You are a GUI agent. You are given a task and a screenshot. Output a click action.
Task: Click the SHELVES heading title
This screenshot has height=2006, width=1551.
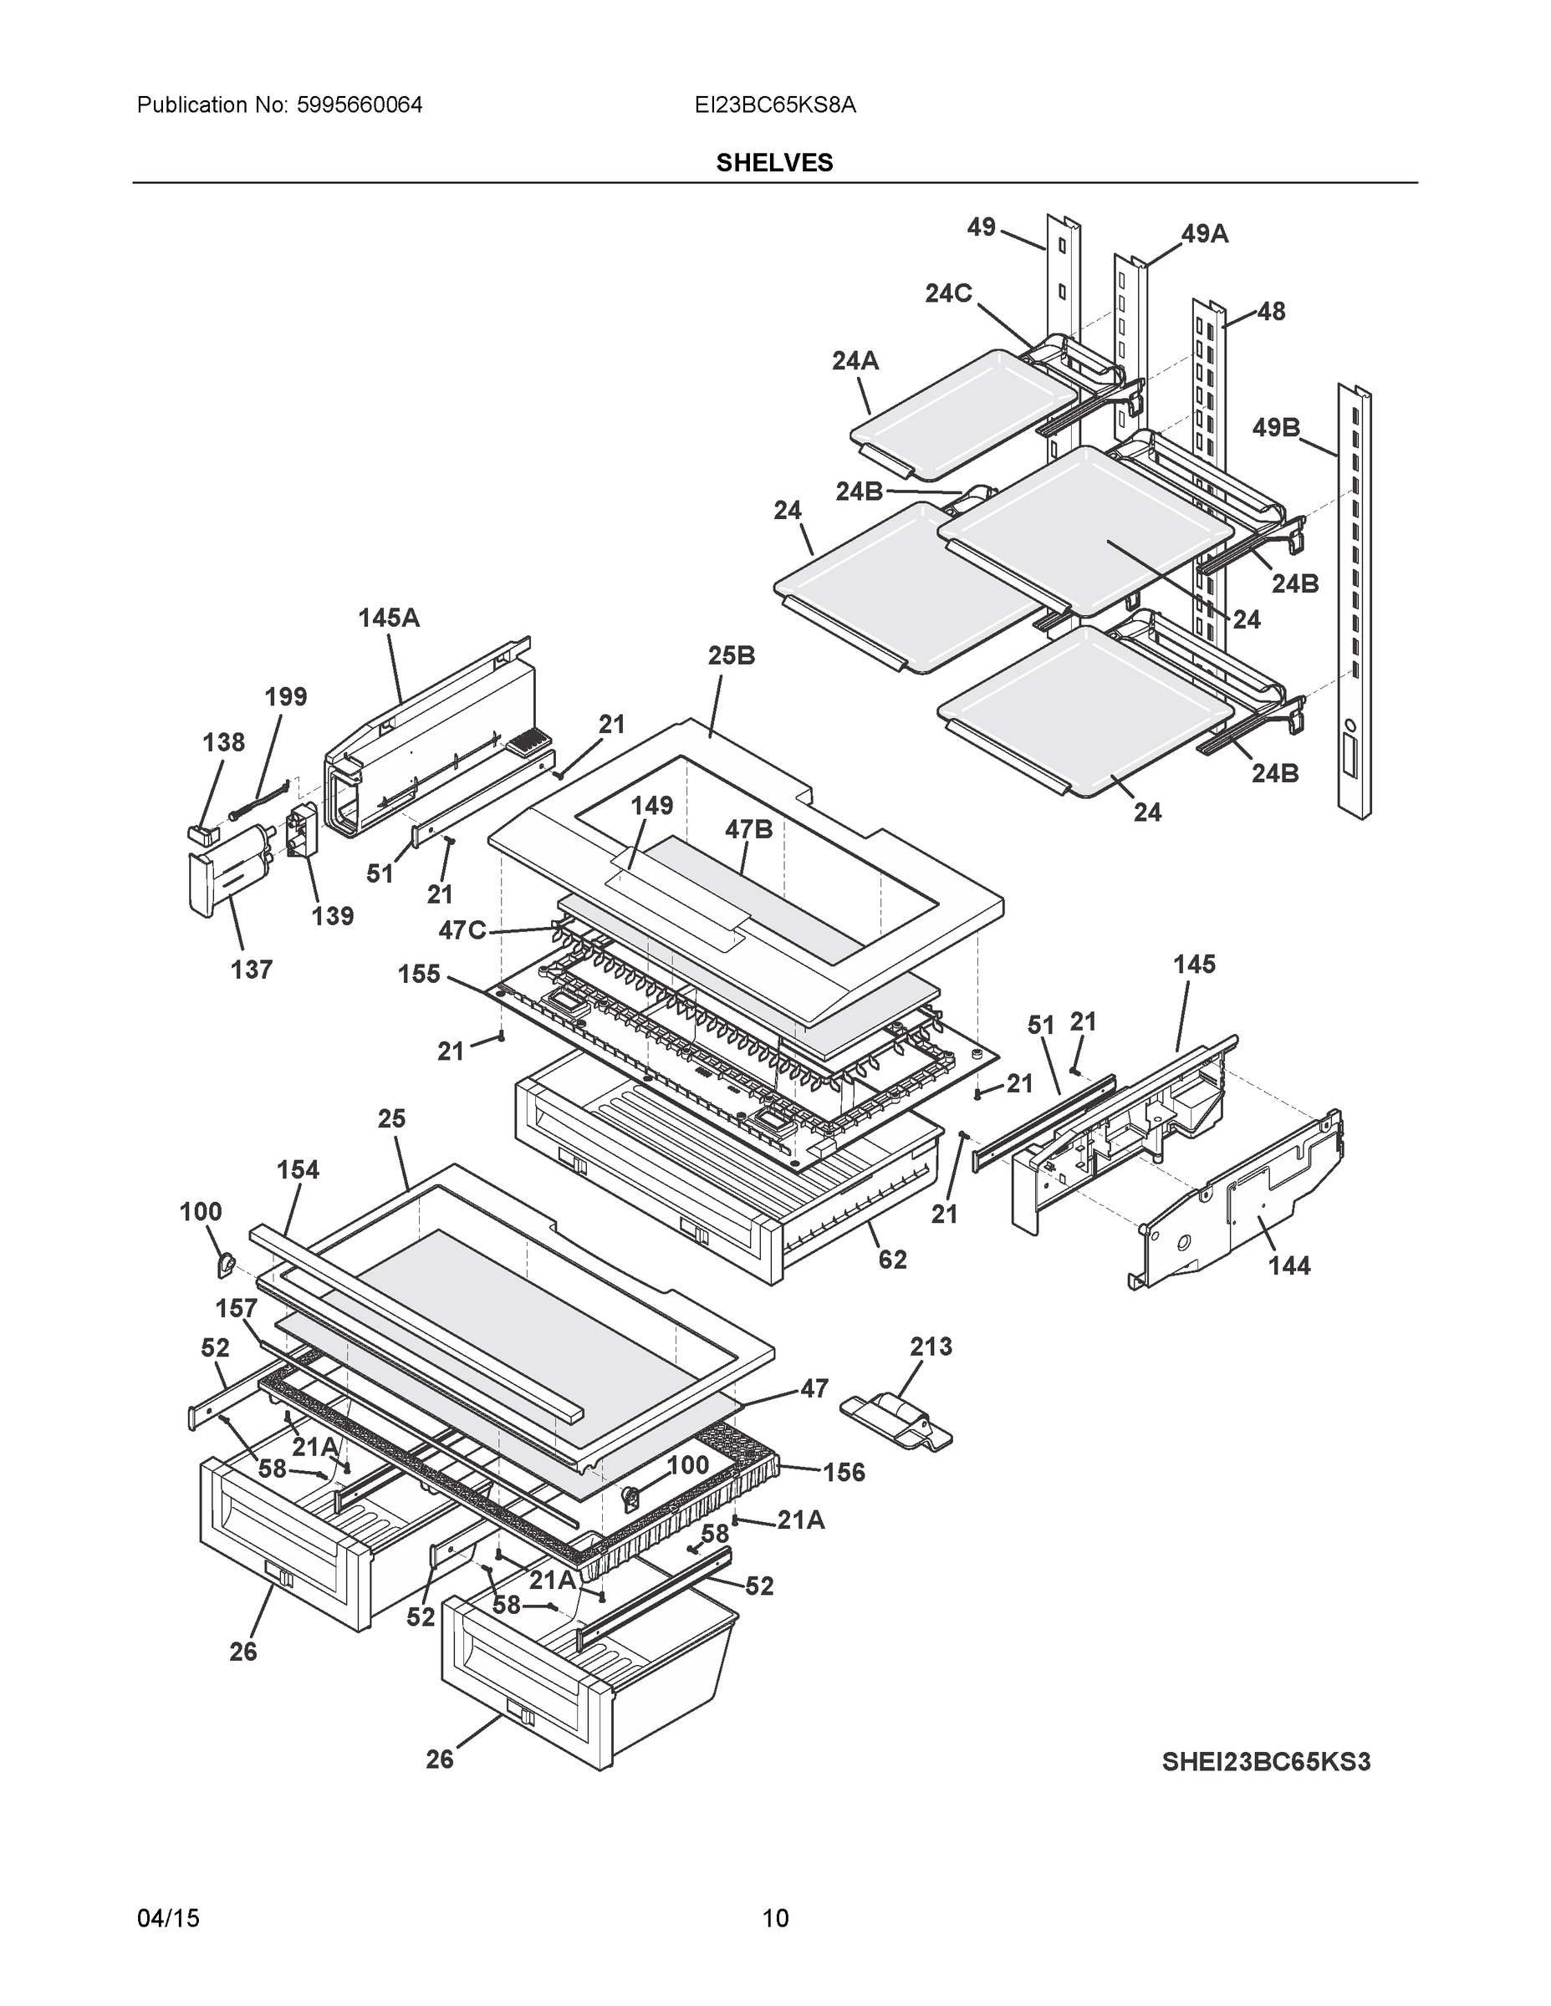click(x=774, y=163)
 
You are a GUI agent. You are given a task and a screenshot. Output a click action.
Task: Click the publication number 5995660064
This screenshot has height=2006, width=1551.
click(x=360, y=105)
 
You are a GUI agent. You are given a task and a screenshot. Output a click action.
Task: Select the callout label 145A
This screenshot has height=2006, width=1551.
click(x=389, y=619)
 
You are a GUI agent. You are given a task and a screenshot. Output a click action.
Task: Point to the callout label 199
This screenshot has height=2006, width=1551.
click(x=286, y=696)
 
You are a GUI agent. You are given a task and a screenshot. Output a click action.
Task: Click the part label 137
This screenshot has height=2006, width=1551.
click(x=251, y=969)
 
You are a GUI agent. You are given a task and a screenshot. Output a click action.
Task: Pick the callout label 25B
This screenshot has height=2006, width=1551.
click(x=732, y=656)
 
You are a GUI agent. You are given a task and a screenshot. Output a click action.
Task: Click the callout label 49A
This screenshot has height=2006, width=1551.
click(x=1205, y=234)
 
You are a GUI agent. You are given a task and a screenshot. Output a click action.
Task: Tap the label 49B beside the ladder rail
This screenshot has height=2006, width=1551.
click(x=1276, y=427)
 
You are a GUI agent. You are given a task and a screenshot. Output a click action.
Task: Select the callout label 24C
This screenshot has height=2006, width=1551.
click(x=948, y=293)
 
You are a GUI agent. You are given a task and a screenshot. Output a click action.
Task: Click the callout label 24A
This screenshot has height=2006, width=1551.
click(x=855, y=361)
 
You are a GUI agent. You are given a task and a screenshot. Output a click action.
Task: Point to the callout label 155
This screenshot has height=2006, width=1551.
click(x=419, y=974)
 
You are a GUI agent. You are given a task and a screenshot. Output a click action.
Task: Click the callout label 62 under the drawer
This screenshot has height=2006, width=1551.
click(x=892, y=1260)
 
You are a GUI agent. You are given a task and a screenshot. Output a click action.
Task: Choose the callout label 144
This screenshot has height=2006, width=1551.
click(x=1289, y=1265)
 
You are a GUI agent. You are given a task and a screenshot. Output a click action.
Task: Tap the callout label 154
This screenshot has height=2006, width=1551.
click(x=298, y=1169)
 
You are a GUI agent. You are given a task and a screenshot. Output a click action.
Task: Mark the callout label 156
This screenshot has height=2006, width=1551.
click(x=844, y=1473)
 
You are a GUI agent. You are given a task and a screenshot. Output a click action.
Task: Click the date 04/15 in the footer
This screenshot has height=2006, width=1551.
click(x=168, y=1919)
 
